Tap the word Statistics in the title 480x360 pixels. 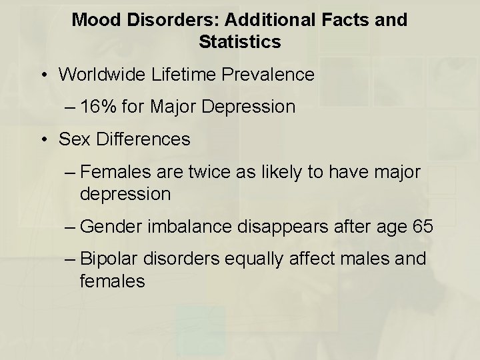239,43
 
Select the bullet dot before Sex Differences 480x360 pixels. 44,139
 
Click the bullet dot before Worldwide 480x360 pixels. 44,74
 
